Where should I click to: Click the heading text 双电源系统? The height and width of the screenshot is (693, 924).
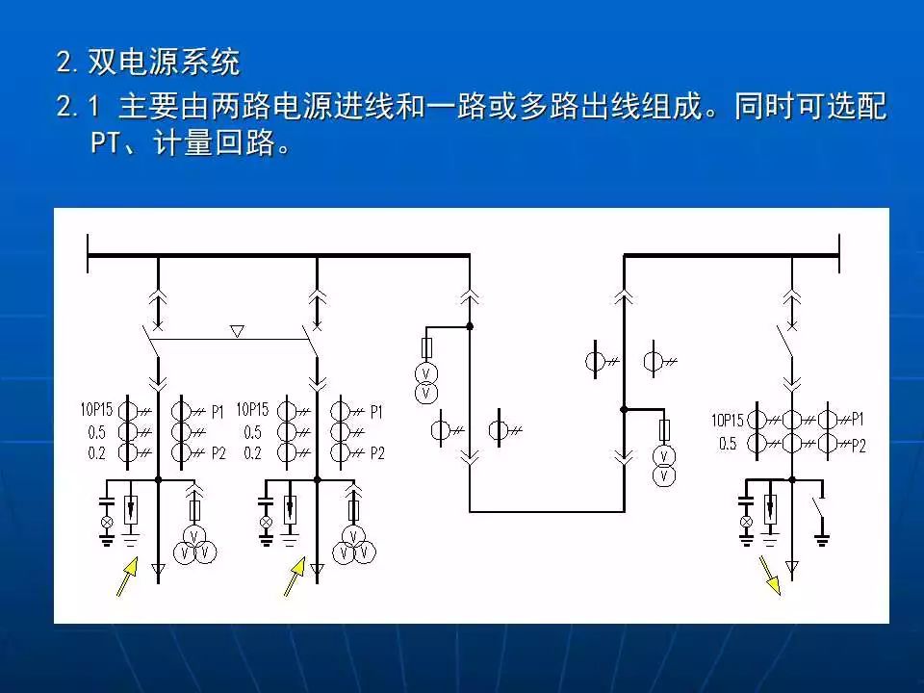164,64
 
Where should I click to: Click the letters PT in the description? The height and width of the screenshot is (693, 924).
104,144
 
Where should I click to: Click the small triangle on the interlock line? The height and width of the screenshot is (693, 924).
238,331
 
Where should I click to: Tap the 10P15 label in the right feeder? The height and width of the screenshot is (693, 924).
728,420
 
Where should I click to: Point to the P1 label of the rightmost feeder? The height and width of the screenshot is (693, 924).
858,419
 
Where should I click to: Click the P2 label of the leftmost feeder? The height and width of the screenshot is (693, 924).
217,452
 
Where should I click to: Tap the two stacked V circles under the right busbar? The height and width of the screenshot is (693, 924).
662,464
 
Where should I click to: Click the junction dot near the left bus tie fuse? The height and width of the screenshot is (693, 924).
470,327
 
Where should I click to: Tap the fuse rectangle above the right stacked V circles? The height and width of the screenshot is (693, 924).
662,429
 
